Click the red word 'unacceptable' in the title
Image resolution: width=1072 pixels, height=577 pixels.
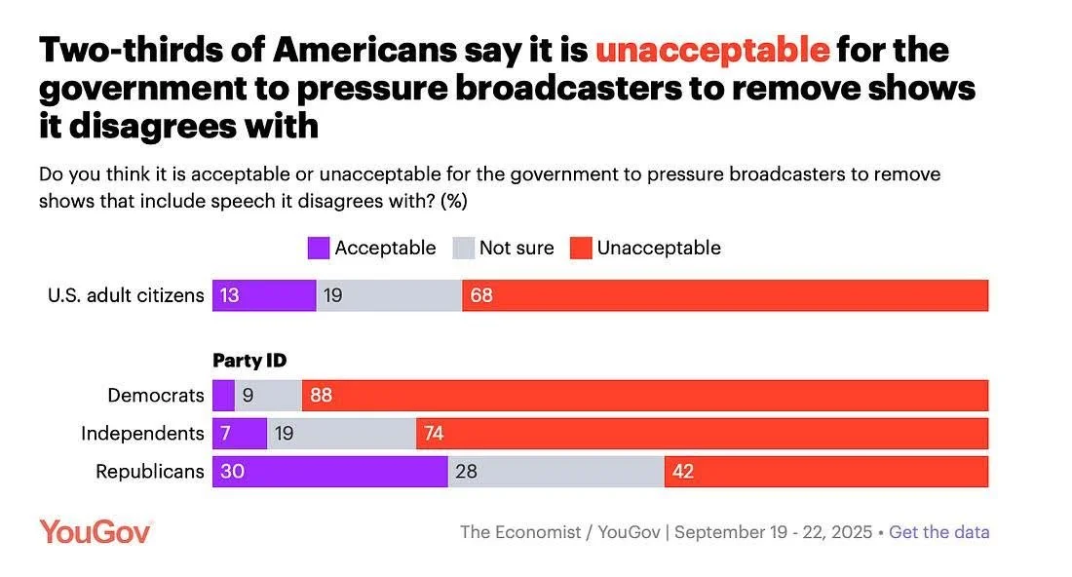coord(712,49)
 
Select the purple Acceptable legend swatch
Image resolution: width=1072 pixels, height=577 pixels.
coord(319,248)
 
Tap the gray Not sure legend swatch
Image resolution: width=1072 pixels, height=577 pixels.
coord(463,248)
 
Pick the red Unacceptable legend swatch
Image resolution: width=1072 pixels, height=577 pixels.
coord(580,248)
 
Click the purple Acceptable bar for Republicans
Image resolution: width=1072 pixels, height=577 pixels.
coord(329,472)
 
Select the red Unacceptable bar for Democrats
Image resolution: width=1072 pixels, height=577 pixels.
coord(645,395)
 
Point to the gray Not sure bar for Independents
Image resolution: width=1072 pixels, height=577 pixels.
coord(341,433)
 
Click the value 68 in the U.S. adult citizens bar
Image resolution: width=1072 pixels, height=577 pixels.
coord(481,295)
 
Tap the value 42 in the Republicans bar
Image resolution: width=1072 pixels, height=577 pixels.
coord(684,472)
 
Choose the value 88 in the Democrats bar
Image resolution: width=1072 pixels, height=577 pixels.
coord(322,395)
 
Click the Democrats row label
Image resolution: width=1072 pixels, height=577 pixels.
coord(156,395)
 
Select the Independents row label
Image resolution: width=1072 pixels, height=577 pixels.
coord(142,433)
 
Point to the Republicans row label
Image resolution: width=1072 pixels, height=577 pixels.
coord(150,472)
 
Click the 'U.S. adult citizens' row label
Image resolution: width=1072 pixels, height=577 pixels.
coord(126,295)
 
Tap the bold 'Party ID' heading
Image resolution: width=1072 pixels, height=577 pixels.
coord(250,361)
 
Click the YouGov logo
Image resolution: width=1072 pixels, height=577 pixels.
coord(95,531)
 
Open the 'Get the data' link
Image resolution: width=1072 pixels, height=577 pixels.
coord(939,532)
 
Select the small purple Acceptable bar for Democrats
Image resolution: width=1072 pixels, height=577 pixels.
coord(223,395)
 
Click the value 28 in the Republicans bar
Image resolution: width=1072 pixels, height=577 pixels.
coord(467,472)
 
